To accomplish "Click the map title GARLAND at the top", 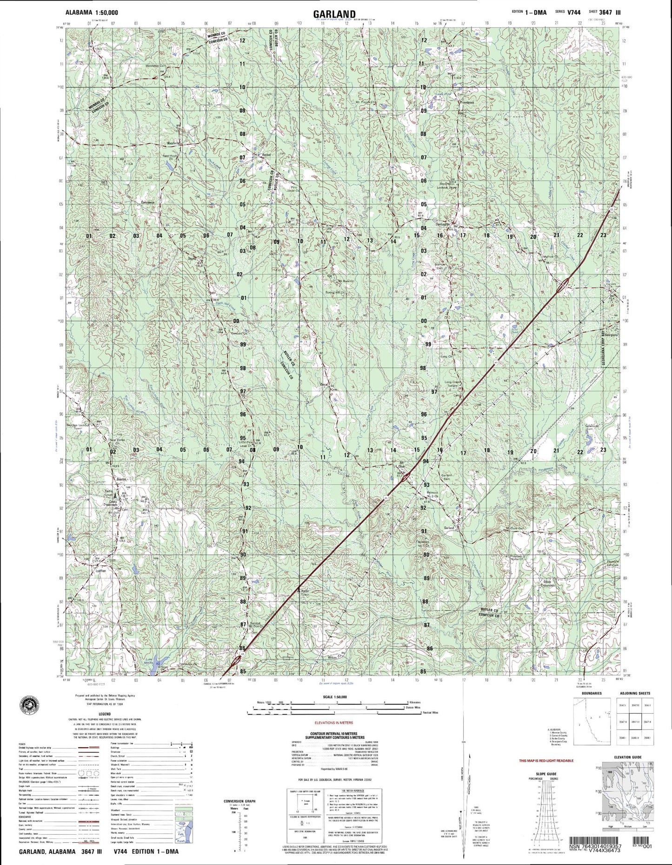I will tap(335, 13).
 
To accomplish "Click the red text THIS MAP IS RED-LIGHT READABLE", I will tap(546, 760).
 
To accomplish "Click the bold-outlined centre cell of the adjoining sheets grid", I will tap(634, 721).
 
